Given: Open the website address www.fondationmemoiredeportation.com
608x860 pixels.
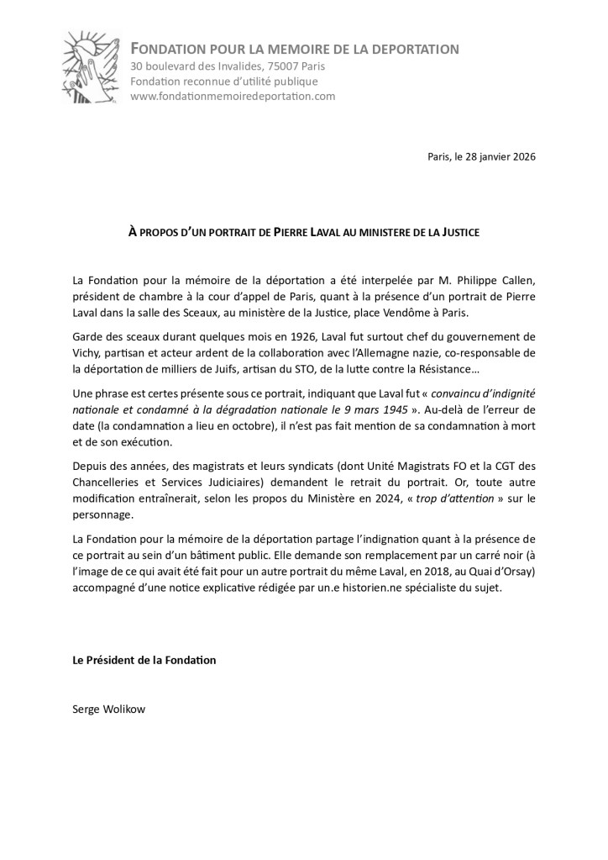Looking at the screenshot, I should pyautogui.click(x=233, y=96).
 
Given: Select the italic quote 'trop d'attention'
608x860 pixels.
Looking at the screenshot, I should pyautogui.click(x=442, y=499).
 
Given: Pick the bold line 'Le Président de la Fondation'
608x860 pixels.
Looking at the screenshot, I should pyautogui.click(x=144, y=660).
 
